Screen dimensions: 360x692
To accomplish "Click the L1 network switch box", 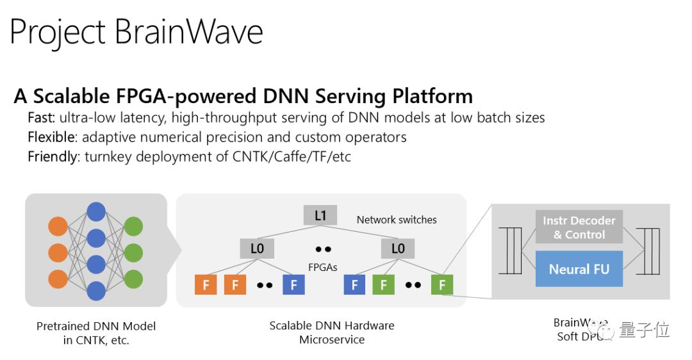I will pyautogui.click(x=320, y=216).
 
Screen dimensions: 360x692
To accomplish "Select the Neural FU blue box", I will pyautogui.click(x=579, y=269).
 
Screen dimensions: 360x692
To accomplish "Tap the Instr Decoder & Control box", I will pyautogui.click(x=579, y=227).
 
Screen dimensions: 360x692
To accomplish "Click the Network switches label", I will pyautogui.click(x=397, y=220).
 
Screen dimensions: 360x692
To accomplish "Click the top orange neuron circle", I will pyautogui.click(x=58, y=227).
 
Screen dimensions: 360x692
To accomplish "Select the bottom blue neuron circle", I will pyautogui.click(x=96, y=291).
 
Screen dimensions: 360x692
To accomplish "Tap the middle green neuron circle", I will pyautogui.click(x=133, y=252).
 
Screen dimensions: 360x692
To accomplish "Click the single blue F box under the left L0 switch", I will pyautogui.click(x=293, y=284).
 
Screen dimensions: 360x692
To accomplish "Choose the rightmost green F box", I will pyautogui.click(x=442, y=284).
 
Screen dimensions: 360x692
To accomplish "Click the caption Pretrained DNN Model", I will pyautogui.click(x=96, y=326).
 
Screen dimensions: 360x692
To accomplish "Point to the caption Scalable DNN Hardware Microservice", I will pyautogui.click(x=332, y=332).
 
